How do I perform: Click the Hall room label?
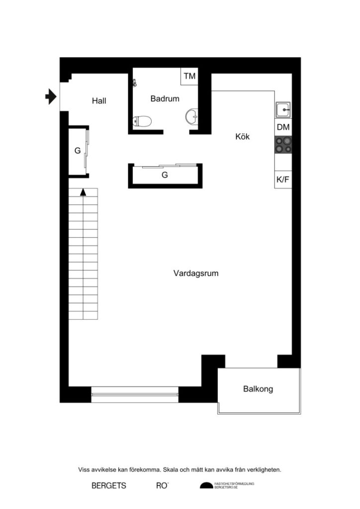tap(99, 101)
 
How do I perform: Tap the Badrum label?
tap(165, 99)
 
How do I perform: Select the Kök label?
tap(242, 137)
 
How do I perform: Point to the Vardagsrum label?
tap(196, 273)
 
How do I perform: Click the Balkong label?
tap(258, 389)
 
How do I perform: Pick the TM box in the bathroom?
tap(189, 76)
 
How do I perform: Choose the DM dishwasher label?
tap(283, 127)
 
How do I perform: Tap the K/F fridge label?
tap(283, 179)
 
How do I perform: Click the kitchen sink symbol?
tap(283, 109)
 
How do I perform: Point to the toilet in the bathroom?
tap(143, 121)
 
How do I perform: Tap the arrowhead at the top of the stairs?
tap(84, 191)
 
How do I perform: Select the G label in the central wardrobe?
tap(165, 175)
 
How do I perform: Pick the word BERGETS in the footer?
tap(109, 486)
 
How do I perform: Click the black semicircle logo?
tap(205, 486)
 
